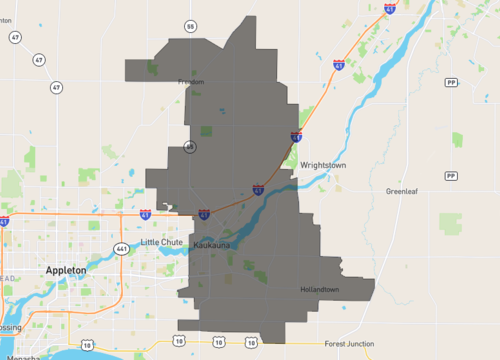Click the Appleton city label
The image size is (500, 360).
tap(66, 270)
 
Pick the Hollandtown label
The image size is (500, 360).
tap(320, 290)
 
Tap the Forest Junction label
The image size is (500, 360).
tap(349, 344)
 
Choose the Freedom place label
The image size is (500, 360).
tap(190, 82)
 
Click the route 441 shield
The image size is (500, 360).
tap(121, 248)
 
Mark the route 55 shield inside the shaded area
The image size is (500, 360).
tap(189, 148)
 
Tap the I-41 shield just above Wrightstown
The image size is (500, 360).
tap(296, 136)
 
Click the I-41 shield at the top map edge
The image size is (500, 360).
tap(389, 8)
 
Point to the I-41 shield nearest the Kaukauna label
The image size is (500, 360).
tap(204, 214)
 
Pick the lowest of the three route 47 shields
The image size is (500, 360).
tap(56, 88)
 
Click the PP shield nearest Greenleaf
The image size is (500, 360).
tap(451, 175)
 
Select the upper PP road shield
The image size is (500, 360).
tap(451, 83)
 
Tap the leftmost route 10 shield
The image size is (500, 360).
tap(88, 343)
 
